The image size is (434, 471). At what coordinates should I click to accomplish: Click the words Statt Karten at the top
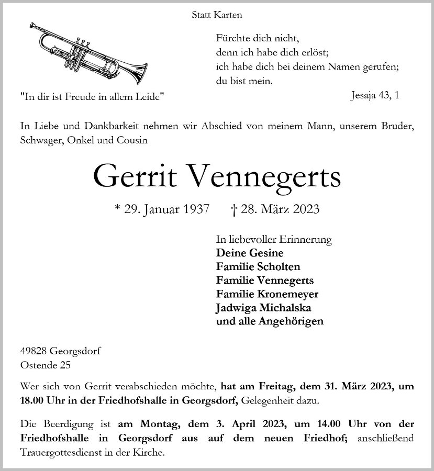(x=217, y=15)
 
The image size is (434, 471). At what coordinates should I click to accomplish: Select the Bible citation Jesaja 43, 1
(x=375, y=96)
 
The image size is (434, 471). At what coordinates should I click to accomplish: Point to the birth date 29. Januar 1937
(x=166, y=210)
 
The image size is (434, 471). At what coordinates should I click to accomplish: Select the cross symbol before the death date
(x=234, y=210)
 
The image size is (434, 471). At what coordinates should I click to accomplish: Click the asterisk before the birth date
(x=117, y=209)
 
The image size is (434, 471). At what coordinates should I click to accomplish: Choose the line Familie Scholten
(x=258, y=266)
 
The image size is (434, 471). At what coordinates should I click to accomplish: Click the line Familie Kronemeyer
(x=267, y=294)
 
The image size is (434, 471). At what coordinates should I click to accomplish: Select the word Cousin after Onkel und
(x=133, y=140)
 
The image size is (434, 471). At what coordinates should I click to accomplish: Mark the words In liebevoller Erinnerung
(x=274, y=240)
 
